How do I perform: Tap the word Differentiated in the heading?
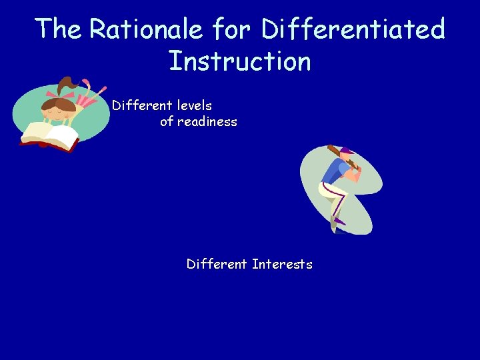point(353,29)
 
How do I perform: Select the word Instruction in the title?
point(239,61)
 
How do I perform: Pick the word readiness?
point(207,121)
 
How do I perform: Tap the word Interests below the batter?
point(282,264)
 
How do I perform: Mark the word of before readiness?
point(167,121)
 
